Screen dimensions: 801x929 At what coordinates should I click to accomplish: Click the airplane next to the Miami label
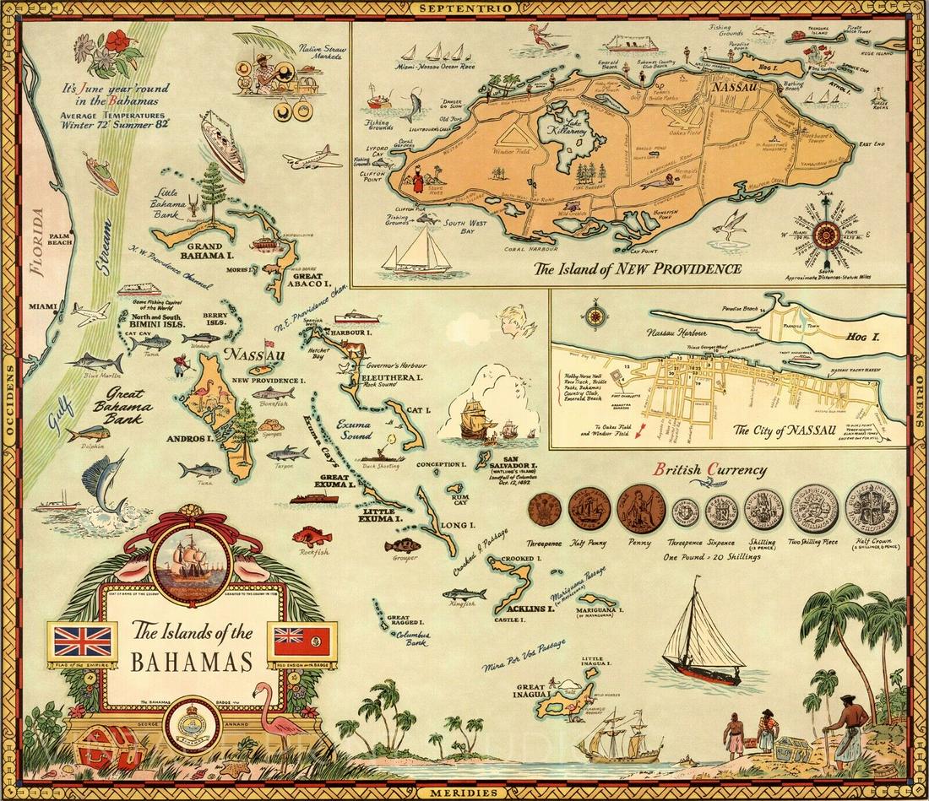[89, 313]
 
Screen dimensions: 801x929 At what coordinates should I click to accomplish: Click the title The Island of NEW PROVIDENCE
[637, 270]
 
